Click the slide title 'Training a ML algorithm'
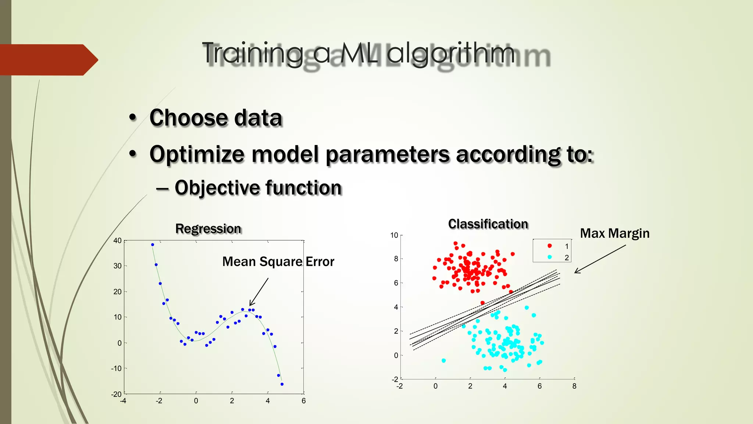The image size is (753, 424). (358, 54)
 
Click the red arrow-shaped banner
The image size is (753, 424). (48, 60)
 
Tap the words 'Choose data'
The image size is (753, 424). (216, 118)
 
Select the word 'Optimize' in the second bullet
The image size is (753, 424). (197, 154)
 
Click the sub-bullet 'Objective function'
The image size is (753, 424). (258, 188)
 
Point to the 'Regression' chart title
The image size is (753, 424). (208, 229)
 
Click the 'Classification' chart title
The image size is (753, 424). (488, 224)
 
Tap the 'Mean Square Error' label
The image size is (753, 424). (278, 262)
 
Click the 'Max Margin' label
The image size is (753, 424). (614, 233)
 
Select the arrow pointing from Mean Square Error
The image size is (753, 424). (259, 292)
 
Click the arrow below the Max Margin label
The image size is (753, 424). (600, 259)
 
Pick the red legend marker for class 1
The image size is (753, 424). (550, 246)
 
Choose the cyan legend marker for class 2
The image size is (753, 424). (550, 257)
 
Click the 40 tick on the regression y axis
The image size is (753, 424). (117, 241)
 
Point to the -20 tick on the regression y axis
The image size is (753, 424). (116, 394)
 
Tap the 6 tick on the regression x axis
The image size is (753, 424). (304, 401)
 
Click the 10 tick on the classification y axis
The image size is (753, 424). (394, 235)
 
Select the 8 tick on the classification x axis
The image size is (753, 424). (574, 386)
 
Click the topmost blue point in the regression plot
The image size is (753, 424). (153, 245)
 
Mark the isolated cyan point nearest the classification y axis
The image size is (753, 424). (444, 361)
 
